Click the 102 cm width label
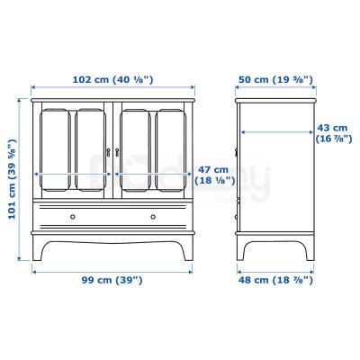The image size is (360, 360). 113,80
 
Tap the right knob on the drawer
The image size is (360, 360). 151,216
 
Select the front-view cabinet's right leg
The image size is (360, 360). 189,249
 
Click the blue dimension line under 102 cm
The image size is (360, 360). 113,89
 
